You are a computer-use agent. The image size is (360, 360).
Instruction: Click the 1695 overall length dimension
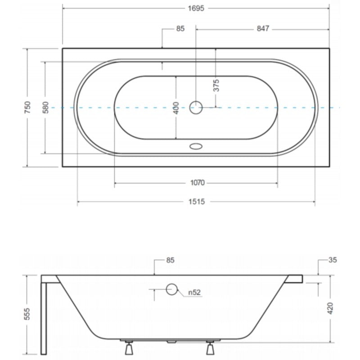[x=196, y=9]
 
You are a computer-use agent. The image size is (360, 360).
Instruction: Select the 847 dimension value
[x=263, y=29]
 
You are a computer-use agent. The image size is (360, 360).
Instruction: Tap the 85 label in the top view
[x=180, y=29]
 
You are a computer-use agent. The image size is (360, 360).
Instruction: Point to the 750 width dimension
[x=27, y=107]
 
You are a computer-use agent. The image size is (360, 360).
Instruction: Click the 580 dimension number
[x=46, y=108]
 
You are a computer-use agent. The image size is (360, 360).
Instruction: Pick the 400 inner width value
[x=175, y=108]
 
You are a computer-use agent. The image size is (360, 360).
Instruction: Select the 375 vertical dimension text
[x=216, y=85]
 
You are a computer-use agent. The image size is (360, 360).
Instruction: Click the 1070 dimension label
[x=198, y=183]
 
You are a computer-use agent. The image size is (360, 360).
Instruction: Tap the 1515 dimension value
[x=197, y=202]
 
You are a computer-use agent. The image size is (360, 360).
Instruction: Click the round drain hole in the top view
[x=196, y=108]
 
